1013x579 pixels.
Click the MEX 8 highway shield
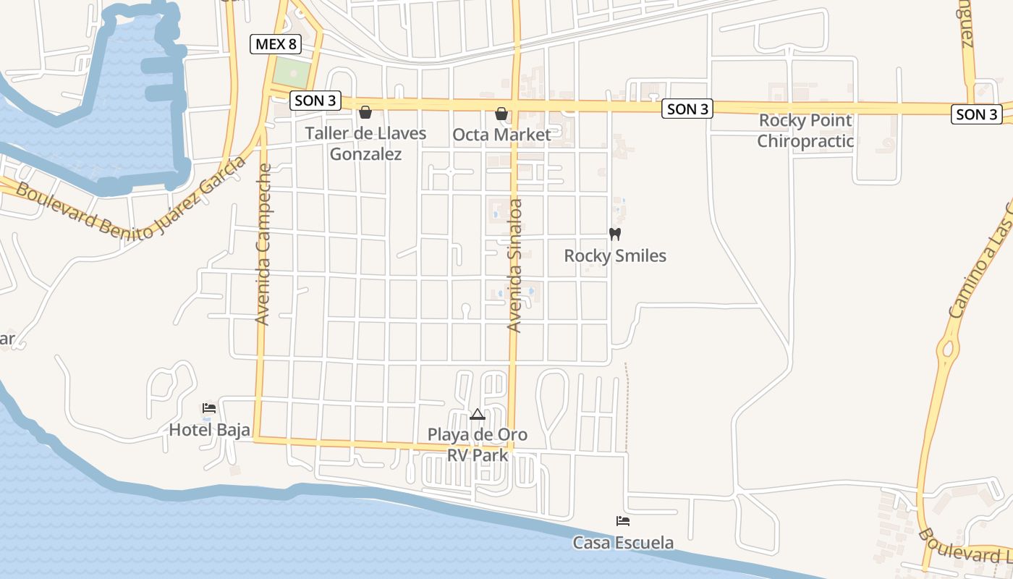tap(276, 44)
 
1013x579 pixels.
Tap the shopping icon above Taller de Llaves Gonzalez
tap(365, 112)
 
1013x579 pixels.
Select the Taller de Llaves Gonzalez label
tap(365, 143)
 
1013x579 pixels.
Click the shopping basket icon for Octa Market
tap(501, 114)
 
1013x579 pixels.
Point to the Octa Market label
tap(501, 135)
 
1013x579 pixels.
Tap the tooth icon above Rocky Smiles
tap(615, 234)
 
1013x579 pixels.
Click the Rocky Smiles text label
tap(615, 255)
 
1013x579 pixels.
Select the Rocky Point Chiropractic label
tap(805, 131)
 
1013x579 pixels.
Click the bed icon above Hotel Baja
tap(209, 408)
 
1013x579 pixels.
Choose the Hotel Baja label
tap(209, 430)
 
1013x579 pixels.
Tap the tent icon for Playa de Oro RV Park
tap(477, 415)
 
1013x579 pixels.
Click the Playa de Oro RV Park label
tap(477, 445)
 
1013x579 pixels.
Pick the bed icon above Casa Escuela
tap(623, 520)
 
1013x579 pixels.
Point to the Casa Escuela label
tap(623, 542)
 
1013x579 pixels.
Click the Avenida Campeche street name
tap(263, 244)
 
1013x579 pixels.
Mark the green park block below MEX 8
tap(292, 72)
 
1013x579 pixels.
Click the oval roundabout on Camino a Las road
tap(947, 350)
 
